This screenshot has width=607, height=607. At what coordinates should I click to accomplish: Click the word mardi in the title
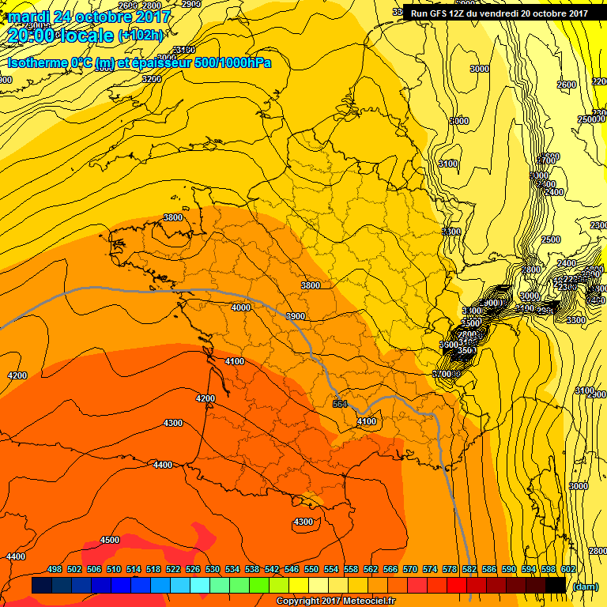point(28,16)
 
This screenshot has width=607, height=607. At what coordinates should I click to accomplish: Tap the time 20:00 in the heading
point(32,36)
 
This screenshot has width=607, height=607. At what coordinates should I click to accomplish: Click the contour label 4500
point(110,541)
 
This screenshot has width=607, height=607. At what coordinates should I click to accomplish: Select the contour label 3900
point(296,316)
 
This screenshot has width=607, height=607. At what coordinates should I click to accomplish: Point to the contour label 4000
point(241,307)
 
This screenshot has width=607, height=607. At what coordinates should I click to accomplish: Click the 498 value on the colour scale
point(55,570)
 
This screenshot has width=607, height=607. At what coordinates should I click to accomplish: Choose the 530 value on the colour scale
point(213,570)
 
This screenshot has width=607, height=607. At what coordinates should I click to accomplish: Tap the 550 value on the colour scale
point(311,570)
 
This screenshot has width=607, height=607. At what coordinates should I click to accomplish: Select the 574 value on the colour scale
point(429,570)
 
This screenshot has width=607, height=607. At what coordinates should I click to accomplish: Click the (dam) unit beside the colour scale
point(586,586)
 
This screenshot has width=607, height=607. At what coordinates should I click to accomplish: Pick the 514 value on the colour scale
point(134,570)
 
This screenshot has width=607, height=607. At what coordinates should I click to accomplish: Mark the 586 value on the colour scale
point(488,570)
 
